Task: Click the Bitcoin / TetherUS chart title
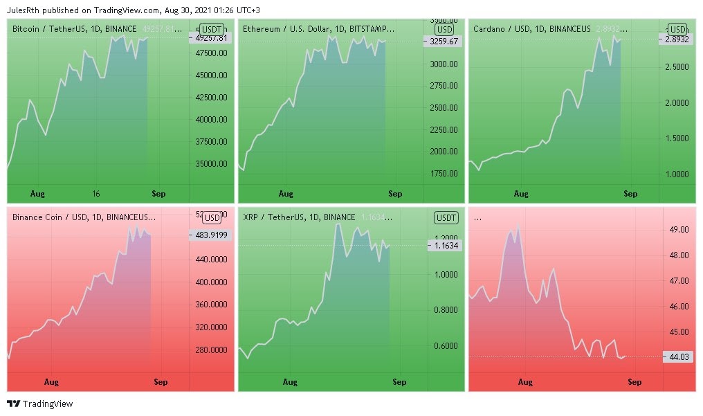75,28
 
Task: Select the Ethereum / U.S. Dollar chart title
318,28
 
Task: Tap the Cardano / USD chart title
532,28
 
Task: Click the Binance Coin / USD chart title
84,217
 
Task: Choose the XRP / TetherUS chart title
299,217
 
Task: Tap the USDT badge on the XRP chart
446,218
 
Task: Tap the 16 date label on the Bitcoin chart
96,194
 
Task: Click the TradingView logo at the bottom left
39,404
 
